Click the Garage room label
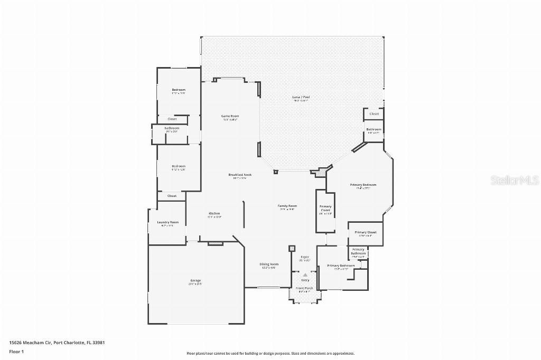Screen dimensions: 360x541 [195, 280]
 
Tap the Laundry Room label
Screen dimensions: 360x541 [167, 222]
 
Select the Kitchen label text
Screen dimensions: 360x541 [214, 213]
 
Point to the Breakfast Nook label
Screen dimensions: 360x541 [240, 175]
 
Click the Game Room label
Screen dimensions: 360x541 [230, 116]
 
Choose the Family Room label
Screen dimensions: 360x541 [287, 206]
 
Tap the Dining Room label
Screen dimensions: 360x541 [269, 264]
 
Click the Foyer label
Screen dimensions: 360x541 [305, 257]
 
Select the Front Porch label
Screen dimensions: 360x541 [305, 288]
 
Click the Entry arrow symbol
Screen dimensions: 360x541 [305, 275]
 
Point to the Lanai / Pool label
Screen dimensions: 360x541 [301, 97]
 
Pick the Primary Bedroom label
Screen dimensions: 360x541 [363, 185]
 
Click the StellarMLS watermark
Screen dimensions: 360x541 [515, 180]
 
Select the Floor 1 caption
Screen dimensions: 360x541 [16, 352]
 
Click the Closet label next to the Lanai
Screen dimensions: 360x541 [374, 114]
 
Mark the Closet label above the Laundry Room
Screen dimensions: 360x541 [172, 196]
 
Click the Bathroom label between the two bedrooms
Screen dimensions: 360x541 [172, 128]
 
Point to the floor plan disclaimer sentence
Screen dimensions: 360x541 [270, 353]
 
